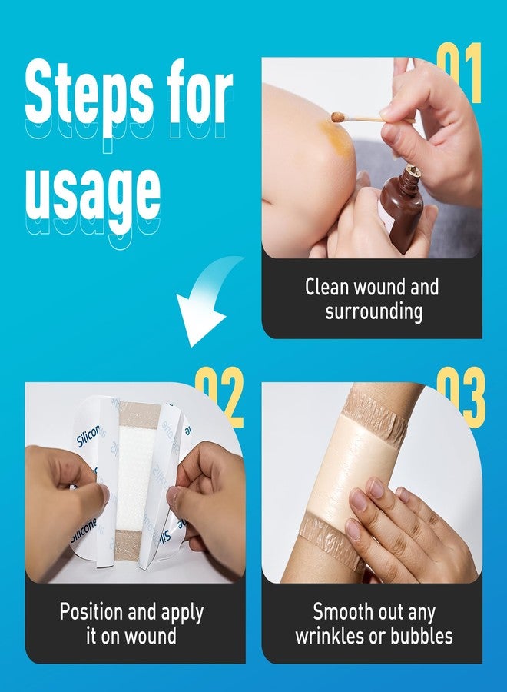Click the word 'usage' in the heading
(x=92, y=188)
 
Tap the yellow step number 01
(x=459, y=73)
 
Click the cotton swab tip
(x=337, y=117)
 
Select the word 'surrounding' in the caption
(x=373, y=311)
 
